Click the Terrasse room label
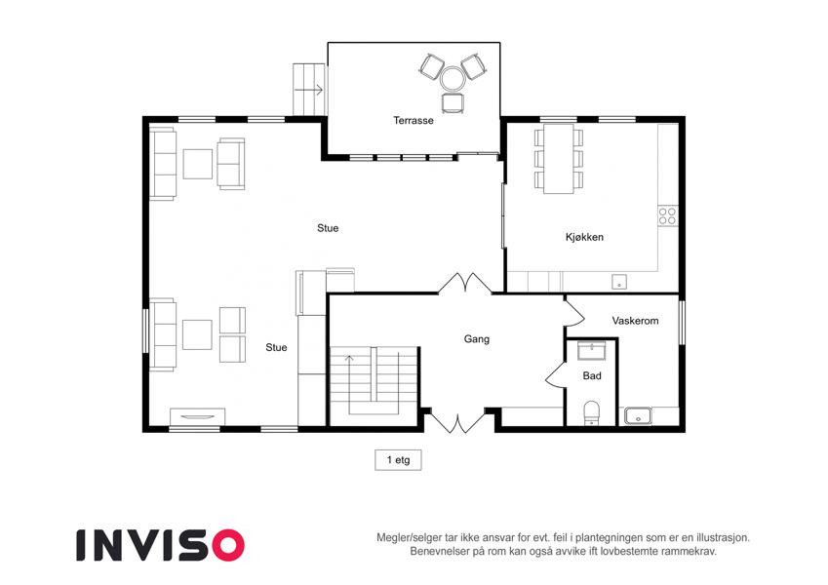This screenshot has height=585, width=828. click(414, 120)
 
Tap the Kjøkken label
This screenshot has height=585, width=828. click(584, 237)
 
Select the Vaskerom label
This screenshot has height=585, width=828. click(635, 321)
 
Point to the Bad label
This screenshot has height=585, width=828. click(592, 375)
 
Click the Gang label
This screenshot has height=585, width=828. click(476, 339)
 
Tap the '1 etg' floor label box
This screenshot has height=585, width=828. click(398, 460)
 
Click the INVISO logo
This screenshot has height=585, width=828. click(160, 545)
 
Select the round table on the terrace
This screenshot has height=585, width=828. click(453, 79)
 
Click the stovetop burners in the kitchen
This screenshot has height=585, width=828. click(667, 216)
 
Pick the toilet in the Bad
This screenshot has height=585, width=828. click(591, 412)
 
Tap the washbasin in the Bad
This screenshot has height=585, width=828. click(591, 351)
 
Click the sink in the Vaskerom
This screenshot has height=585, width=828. click(638, 416)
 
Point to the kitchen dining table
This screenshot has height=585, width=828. click(559, 158)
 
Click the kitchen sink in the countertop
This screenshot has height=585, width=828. click(619, 282)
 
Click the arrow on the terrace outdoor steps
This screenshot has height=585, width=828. click(308, 90)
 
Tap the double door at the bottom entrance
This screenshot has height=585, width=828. click(457, 420)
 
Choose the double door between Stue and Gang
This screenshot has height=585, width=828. click(464, 283)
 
